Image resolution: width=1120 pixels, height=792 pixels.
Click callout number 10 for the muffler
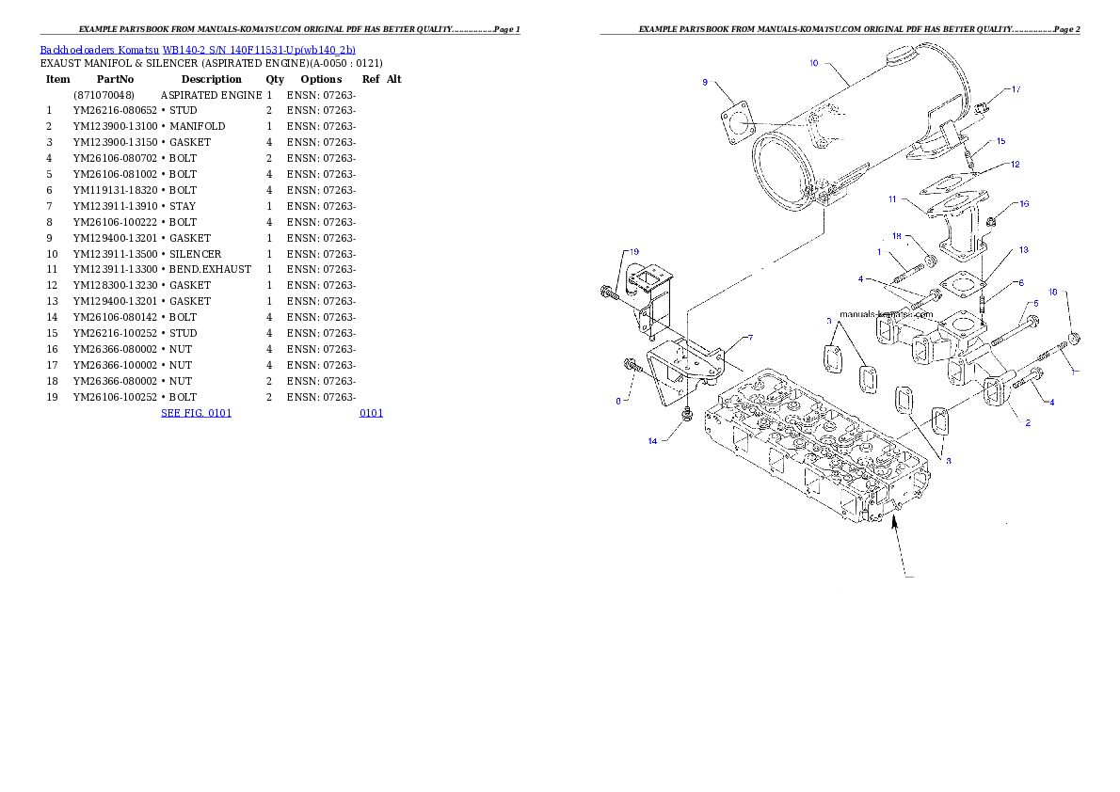pos(814,63)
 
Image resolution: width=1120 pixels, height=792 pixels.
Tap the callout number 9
pos(705,83)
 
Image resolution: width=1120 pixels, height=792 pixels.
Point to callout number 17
pos(1016,89)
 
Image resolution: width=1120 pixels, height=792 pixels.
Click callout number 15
pos(1000,141)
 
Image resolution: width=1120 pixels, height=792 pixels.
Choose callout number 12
pos(1015,165)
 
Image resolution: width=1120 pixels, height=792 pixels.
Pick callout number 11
pos(891,198)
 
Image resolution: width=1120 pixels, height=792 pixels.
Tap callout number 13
pos(1023,250)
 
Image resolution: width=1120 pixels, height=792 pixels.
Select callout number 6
pos(1020,282)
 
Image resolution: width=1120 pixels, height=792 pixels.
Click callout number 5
pos(1035,303)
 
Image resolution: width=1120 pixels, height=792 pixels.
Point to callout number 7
pos(750,337)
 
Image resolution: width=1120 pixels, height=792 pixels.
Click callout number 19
pos(634,252)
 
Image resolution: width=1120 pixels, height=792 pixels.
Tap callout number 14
pos(652,440)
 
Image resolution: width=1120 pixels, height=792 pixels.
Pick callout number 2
pos(1028,422)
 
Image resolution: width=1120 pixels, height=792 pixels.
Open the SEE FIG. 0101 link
pos(196,412)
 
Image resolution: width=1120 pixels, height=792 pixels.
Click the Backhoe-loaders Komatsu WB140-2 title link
pos(198,50)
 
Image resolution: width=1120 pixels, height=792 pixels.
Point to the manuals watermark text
pos(886,314)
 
